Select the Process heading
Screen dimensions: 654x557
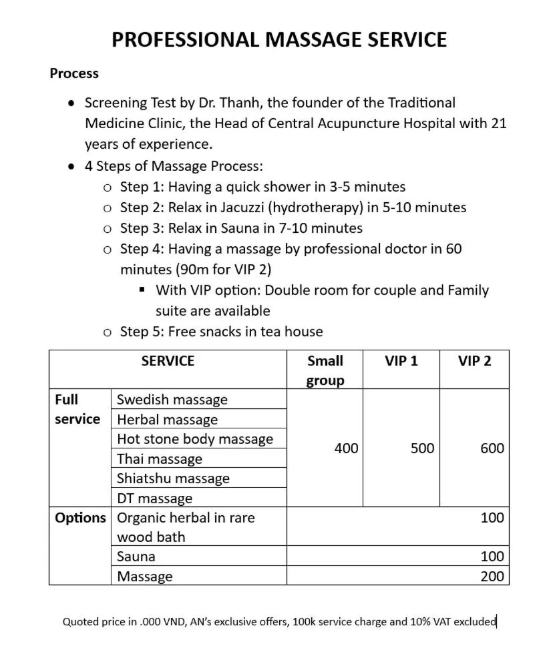[x=74, y=73]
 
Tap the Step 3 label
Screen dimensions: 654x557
[x=142, y=228]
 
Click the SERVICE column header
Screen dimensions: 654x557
[x=168, y=361]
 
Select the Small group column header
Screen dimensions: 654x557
[x=325, y=370]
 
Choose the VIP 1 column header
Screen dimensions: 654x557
[x=401, y=361]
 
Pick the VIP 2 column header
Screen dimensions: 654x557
[x=474, y=361]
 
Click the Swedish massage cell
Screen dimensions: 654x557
[x=172, y=400]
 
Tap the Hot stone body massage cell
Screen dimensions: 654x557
[x=195, y=439]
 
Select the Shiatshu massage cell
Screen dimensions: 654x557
[x=173, y=478]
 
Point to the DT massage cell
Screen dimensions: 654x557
[x=154, y=499]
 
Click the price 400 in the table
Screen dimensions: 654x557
[x=346, y=448]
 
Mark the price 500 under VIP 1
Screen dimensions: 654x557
[x=422, y=448]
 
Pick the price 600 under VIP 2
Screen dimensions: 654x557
[x=492, y=448]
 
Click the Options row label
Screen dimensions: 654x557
[x=80, y=518]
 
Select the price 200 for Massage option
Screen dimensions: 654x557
[x=492, y=577]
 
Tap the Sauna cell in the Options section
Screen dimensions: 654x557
[x=136, y=557]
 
